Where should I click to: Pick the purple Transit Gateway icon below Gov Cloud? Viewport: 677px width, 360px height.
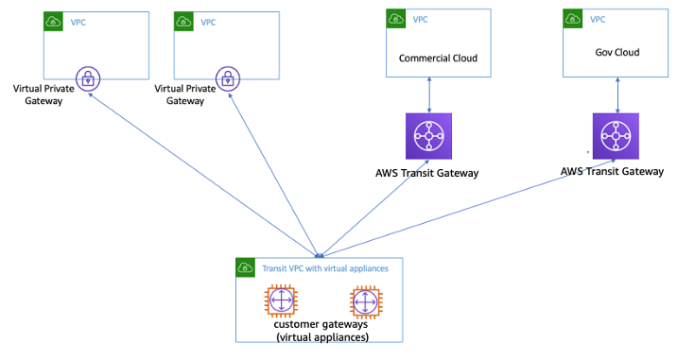coord(617,138)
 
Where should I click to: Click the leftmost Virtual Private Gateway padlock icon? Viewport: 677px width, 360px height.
coord(87,79)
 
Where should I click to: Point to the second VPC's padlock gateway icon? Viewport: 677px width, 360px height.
coord(227,79)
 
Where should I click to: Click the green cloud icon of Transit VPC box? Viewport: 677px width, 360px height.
coord(245,267)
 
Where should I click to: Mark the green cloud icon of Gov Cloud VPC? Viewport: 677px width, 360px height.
coord(572,18)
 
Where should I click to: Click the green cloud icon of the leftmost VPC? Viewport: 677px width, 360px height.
coord(54,21)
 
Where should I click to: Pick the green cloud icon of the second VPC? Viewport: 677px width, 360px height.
coord(183,21)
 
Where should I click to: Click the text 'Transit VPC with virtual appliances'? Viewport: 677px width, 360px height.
coord(325,268)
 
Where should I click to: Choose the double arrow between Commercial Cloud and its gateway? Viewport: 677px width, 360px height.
coord(430,94)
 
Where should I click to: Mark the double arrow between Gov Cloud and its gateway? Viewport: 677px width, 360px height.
coord(618,94)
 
